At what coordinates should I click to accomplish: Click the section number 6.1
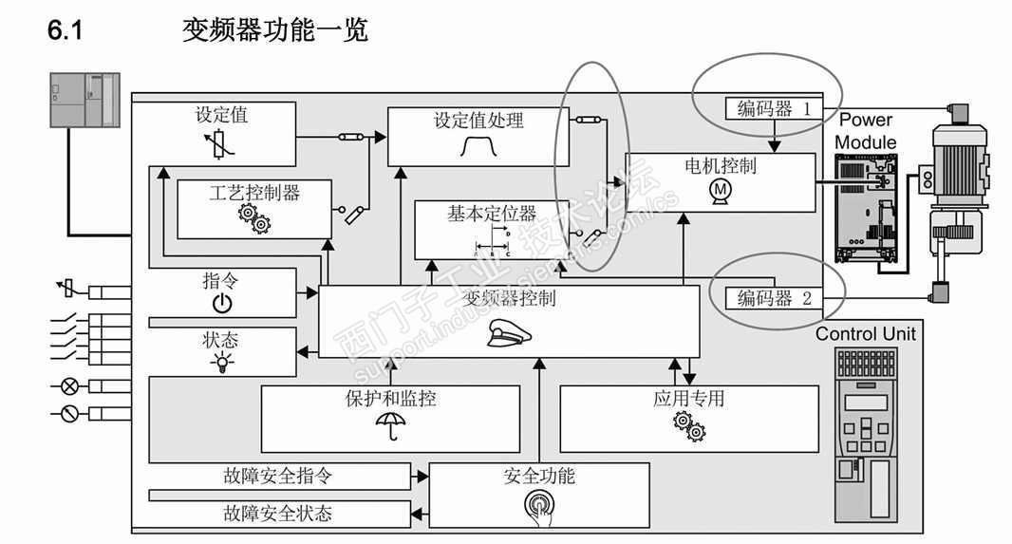66,30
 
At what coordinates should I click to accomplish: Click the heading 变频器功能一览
275,30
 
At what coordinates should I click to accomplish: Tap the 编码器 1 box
774,108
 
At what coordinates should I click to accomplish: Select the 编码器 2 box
774,298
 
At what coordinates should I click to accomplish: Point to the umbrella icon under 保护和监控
387,425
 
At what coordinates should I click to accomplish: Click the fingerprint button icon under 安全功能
537,503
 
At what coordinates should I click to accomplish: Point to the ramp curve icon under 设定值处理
478,146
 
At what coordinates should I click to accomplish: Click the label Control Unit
866,333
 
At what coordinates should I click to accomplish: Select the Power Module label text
866,131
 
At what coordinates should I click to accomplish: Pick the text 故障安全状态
277,514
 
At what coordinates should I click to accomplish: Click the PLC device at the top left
84,102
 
